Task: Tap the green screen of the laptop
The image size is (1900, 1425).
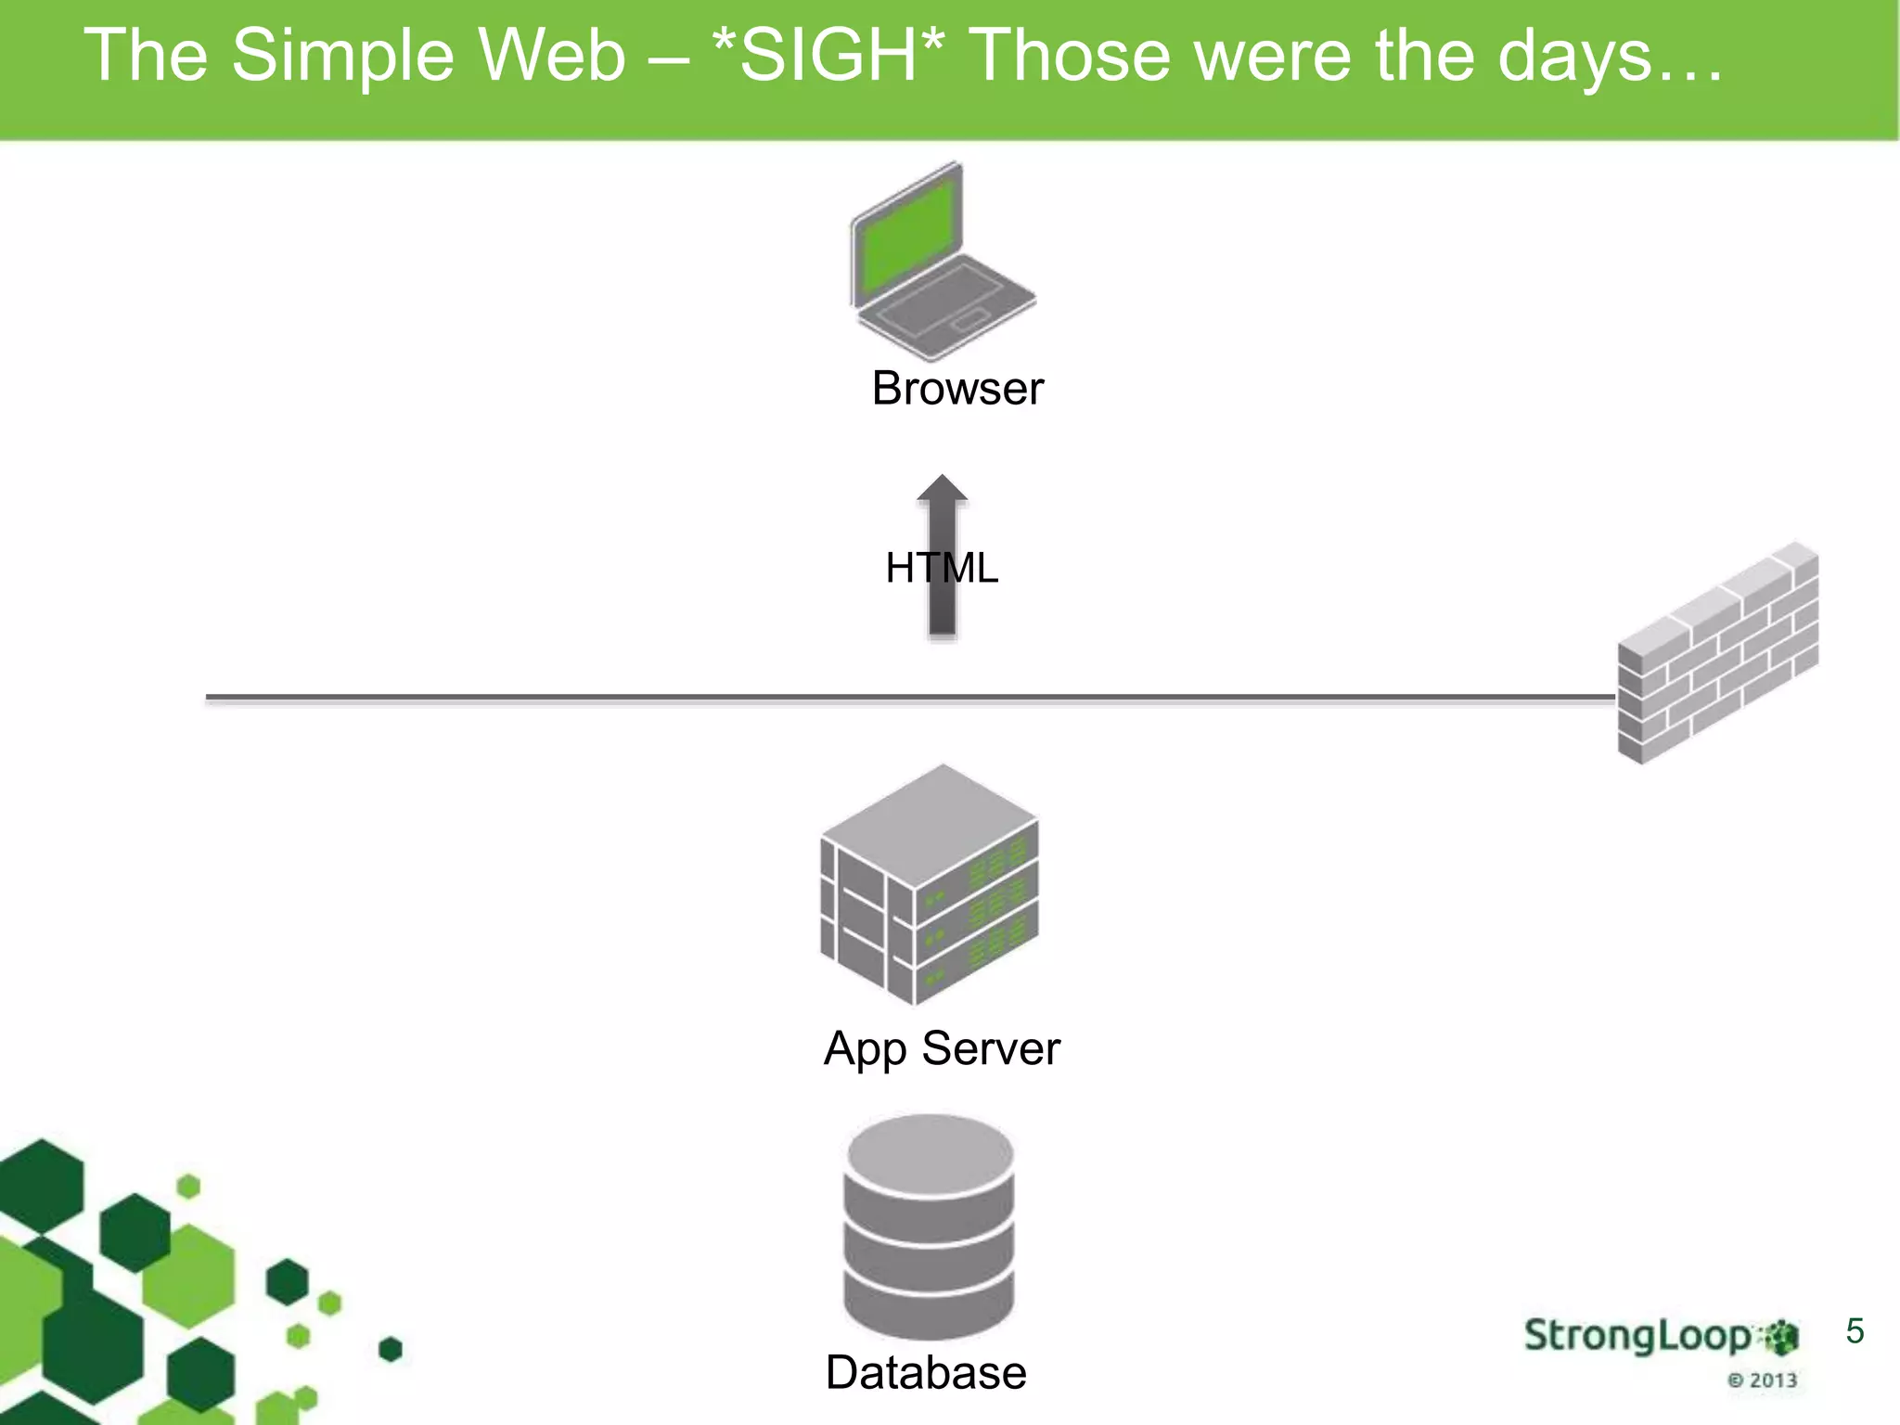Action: tap(908, 235)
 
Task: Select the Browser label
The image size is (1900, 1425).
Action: tap(957, 388)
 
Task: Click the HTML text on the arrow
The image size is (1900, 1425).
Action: tap(942, 568)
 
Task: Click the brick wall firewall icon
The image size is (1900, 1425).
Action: tap(1717, 654)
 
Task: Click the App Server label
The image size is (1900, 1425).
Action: tap(941, 1048)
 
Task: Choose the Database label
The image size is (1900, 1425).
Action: tap(926, 1372)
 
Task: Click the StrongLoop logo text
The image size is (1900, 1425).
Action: tap(1637, 1335)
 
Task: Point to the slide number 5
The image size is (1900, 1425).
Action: tap(1855, 1331)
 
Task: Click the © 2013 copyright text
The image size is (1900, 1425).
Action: tap(1762, 1380)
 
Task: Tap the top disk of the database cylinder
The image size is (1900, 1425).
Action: tap(929, 1152)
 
